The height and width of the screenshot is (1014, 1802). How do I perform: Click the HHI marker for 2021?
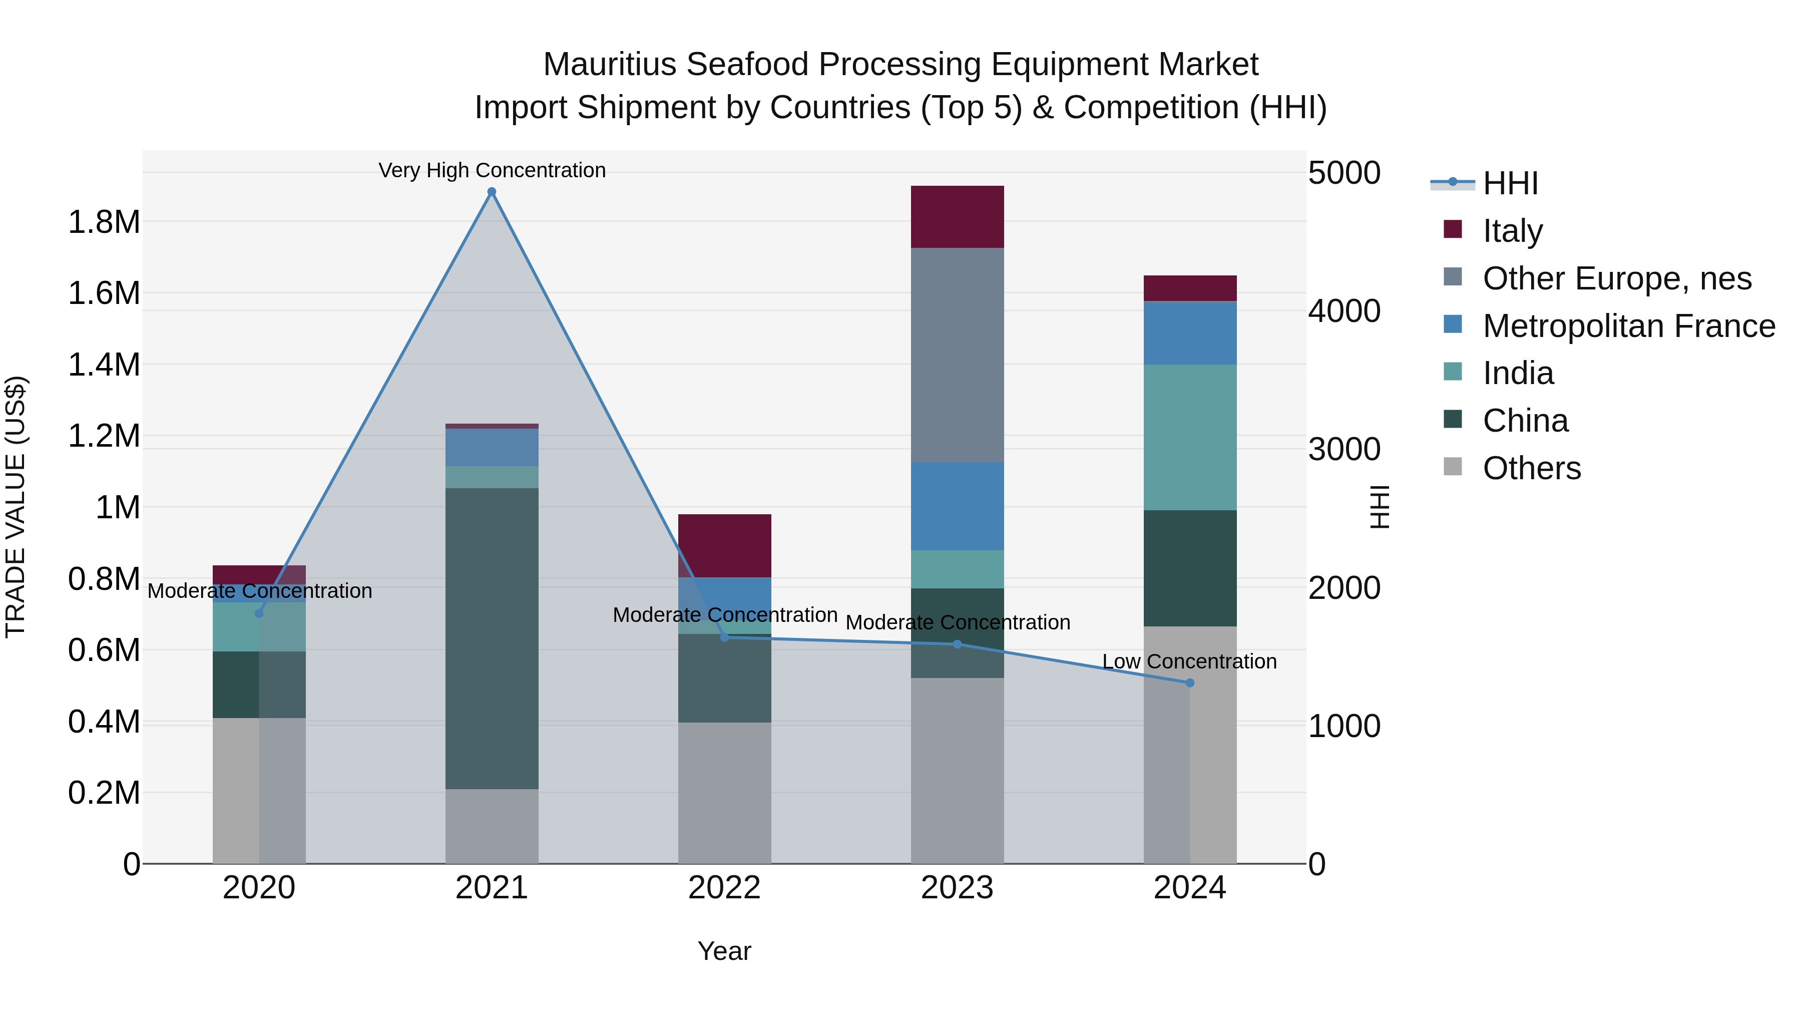coord(492,192)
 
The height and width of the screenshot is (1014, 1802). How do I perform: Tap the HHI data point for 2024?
coord(1190,683)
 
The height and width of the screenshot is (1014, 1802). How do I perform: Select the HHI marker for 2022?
coord(725,637)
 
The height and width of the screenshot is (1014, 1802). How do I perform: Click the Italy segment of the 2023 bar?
coord(957,217)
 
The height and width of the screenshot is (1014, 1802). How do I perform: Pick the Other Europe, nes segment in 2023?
coord(957,355)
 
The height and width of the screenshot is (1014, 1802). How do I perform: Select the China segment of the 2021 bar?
coord(492,638)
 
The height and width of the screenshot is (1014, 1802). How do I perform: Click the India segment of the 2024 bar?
coord(1190,437)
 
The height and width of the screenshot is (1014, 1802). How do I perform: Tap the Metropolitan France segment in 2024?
coord(1190,333)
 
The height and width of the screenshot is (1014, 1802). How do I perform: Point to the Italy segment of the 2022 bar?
coord(725,546)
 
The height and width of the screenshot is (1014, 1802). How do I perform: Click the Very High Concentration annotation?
coord(492,171)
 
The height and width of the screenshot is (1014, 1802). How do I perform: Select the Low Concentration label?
coord(1189,662)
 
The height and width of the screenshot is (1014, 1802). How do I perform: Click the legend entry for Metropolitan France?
coord(1628,326)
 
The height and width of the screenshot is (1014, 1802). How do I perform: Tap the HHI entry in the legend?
coord(1510,183)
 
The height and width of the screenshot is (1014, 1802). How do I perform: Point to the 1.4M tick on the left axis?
coord(104,365)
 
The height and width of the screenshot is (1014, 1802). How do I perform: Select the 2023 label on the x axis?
coord(957,888)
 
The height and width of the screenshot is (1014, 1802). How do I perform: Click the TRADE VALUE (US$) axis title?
coord(16,507)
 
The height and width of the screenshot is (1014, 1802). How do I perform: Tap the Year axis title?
coord(724,951)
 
